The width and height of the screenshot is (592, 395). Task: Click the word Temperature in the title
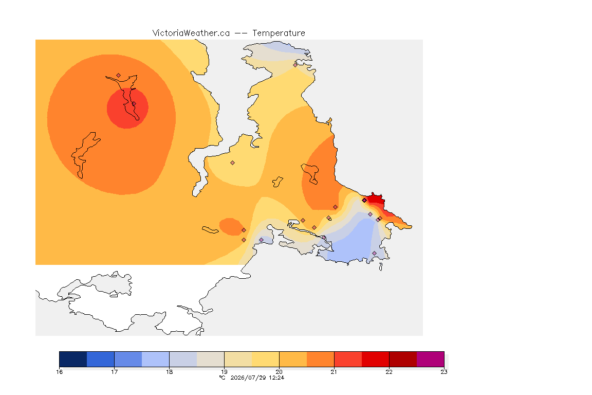tap(279, 33)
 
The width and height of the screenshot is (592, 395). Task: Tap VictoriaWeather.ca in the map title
tap(191, 33)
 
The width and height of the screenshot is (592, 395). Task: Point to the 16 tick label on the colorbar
tap(60, 372)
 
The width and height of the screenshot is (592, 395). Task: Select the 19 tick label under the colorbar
tap(224, 372)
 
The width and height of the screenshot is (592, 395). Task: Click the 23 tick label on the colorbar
tap(444, 372)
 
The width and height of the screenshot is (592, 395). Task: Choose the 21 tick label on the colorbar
tap(334, 372)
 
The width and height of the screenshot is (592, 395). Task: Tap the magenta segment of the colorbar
tap(431, 359)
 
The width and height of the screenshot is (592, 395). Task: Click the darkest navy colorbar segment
tap(73, 359)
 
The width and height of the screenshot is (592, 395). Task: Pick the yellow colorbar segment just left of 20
tap(265, 359)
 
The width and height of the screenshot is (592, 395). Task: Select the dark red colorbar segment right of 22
tap(403, 359)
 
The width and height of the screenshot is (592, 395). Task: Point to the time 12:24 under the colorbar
tap(276, 378)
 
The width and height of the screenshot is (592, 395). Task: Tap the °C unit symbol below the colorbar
tap(223, 378)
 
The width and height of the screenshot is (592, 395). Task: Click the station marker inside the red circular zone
tap(134, 104)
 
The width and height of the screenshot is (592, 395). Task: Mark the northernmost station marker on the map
tap(295, 65)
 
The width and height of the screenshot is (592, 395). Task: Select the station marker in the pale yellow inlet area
tap(233, 163)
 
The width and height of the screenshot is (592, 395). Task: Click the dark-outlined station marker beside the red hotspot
tap(364, 201)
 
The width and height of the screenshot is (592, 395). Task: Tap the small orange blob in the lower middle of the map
tap(231, 227)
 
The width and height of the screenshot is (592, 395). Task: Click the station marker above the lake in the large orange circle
tap(119, 76)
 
